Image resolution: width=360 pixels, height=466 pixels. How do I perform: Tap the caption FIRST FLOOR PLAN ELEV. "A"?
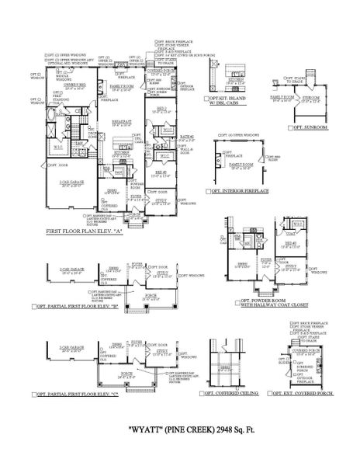86,231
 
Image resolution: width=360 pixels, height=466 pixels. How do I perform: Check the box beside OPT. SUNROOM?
290,127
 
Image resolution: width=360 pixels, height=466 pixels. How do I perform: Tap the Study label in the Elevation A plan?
161,200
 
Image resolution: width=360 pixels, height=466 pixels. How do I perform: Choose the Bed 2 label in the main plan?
162,110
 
